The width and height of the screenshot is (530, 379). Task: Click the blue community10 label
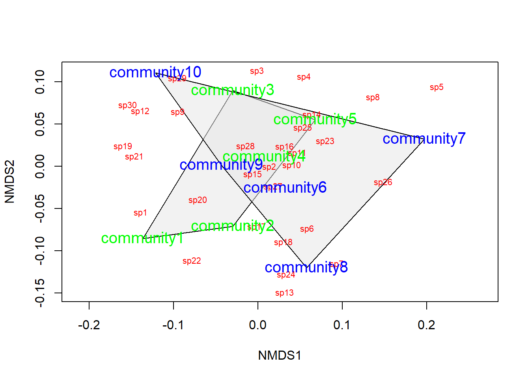coord(155,72)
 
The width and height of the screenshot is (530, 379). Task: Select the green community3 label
coord(232,90)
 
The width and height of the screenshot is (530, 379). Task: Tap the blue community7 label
coord(424,139)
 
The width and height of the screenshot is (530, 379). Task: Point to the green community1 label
coord(142,238)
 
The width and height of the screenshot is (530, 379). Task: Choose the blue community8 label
coord(306,267)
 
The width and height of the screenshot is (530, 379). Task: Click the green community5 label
coord(315,119)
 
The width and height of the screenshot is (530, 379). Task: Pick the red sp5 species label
coord(437,87)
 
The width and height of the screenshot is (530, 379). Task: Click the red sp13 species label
coord(284,293)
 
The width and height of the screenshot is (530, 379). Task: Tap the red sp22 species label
coord(192,261)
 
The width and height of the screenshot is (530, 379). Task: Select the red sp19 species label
coord(123,146)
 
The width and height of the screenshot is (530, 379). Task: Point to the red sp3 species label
coord(257,71)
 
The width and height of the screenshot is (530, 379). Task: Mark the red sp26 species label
coord(383,182)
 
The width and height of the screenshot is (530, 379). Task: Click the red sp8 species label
coord(373,98)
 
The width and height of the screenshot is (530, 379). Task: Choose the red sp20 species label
coord(198,200)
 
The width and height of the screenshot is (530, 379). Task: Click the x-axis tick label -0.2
coord(89,325)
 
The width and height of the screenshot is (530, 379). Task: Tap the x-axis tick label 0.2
coord(427,325)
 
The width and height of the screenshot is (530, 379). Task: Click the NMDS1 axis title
coord(280,355)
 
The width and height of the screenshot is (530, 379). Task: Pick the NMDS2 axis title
coord(9,182)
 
